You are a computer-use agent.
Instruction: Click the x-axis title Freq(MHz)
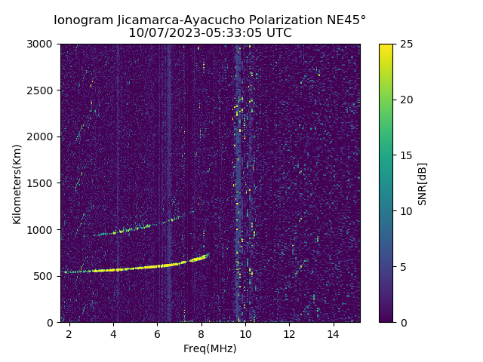pyautogui.click(x=210, y=348)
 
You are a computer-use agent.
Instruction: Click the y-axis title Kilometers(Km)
pyautogui.click(x=17, y=183)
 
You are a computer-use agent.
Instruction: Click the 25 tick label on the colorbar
pyautogui.click(x=405, y=44)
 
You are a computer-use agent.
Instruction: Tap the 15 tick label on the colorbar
pyautogui.click(x=405, y=155)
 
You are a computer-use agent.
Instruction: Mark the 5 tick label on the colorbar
pyautogui.click(x=401, y=266)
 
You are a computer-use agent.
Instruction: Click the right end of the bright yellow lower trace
pyautogui.click(x=208, y=256)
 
